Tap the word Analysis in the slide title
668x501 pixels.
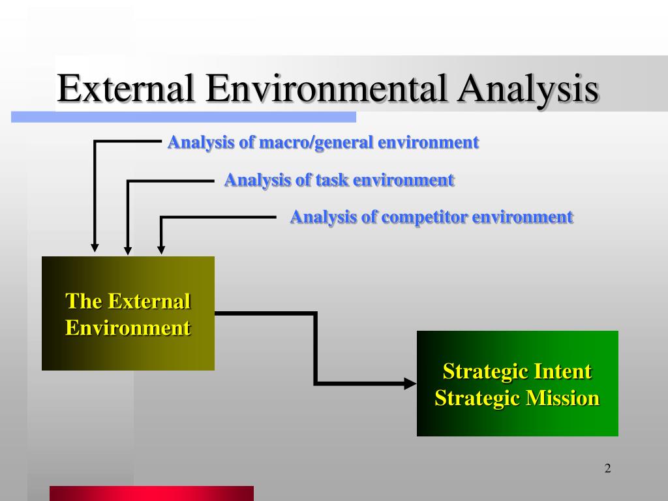click(x=527, y=89)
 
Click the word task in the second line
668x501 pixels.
click(x=332, y=180)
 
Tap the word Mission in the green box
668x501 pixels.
click(x=562, y=398)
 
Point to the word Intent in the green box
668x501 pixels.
click(x=562, y=372)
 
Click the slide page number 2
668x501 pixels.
click(x=607, y=468)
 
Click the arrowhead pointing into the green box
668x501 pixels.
click(x=410, y=383)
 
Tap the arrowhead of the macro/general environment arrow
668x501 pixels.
click(x=95, y=247)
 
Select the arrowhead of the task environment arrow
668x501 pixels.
click(x=128, y=249)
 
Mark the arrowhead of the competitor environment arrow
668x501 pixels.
click(x=161, y=249)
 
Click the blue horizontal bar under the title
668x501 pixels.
click(x=183, y=117)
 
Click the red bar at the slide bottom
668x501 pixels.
click(x=151, y=493)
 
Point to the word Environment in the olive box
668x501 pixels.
click(x=128, y=327)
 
